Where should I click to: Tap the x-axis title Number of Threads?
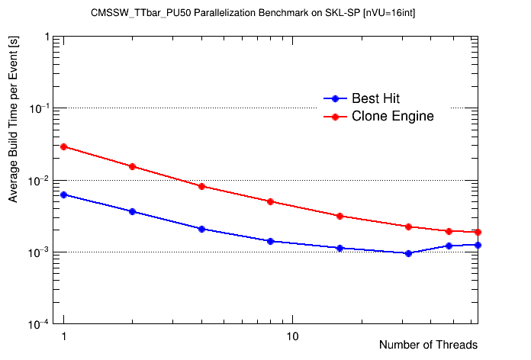pyautogui.click(x=428, y=345)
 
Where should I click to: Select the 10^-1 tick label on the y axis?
pyautogui.click(x=37, y=108)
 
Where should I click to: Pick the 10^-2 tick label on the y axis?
pyautogui.click(x=37, y=180)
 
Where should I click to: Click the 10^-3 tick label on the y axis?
pyautogui.click(x=37, y=252)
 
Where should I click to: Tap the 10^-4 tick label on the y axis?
pyautogui.click(x=37, y=323)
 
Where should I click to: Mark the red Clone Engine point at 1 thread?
pyautogui.click(x=64, y=146)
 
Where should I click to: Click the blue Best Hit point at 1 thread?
pyautogui.click(x=64, y=194)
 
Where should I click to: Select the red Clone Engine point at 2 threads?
pyautogui.click(x=133, y=166)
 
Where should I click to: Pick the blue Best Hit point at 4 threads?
pyautogui.click(x=201, y=229)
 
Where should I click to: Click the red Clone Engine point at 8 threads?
pyautogui.click(x=270, y=201)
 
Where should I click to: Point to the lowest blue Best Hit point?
pyautogui.click(x=408, y=253)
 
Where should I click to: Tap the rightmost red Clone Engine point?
pyautogui.click(x=478, y=232)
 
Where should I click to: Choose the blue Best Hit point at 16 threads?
pyautogui.click(x=340, y=248)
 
